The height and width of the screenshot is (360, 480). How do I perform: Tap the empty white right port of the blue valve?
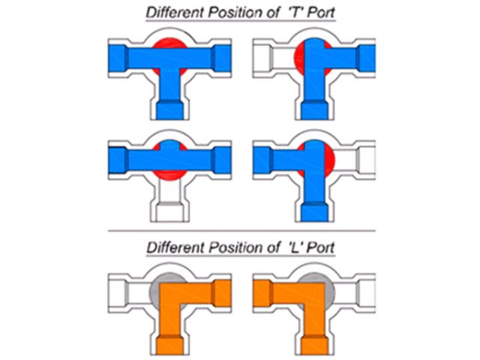point(368,160)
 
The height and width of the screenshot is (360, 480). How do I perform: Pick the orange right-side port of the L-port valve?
point(221,291)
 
